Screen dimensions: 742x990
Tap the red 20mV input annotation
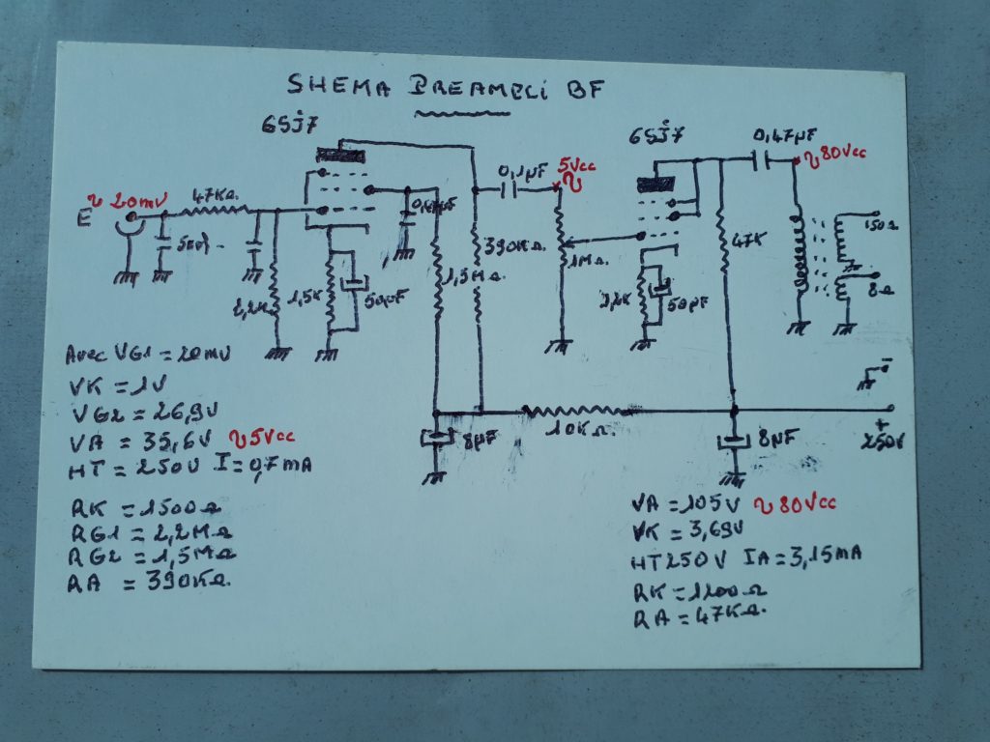point(134,202)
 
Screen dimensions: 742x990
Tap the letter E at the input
point(86,219)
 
